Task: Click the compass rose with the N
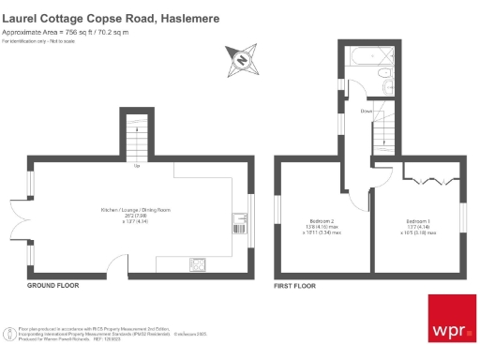point(242,62)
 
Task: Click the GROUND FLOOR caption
point(52,284)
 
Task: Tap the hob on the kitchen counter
point(198,262)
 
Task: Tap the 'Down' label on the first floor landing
point(367,112)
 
